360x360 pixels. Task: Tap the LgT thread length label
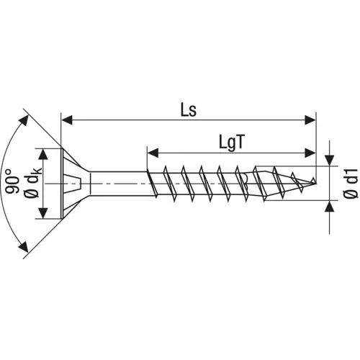[x=233, y=143]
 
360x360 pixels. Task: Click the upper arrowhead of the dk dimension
[x=45, y=153]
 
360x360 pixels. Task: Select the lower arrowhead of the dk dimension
[x=45, y=214]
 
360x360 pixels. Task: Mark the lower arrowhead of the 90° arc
[x=26, y=252]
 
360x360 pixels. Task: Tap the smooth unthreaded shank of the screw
[x=119, y=184]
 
